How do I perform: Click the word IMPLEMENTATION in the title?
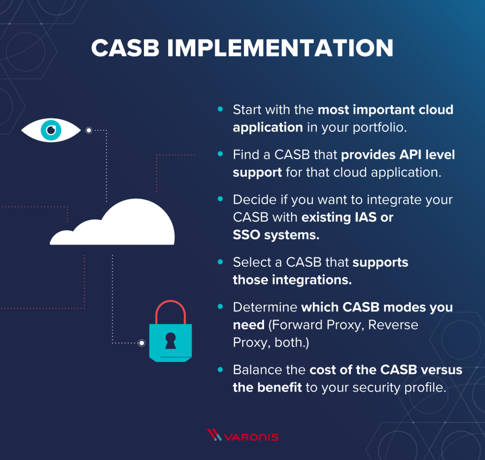(280, 48)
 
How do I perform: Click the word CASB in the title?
(125, 48)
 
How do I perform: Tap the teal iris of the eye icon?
(51, 130)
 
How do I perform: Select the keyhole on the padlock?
(171, 340)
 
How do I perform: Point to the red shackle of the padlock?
(171, 309)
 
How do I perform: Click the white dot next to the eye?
(89, 130)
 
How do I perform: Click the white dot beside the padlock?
(142, 343)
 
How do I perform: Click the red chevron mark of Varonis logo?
(214, 435)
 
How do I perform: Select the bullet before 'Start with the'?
(220, 109)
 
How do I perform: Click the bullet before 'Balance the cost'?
(220, 369)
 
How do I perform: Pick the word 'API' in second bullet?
(411, 155)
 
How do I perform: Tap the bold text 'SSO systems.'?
(276, 235)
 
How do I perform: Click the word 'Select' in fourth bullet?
(252, 262)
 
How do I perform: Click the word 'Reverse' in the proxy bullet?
(393, 325)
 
